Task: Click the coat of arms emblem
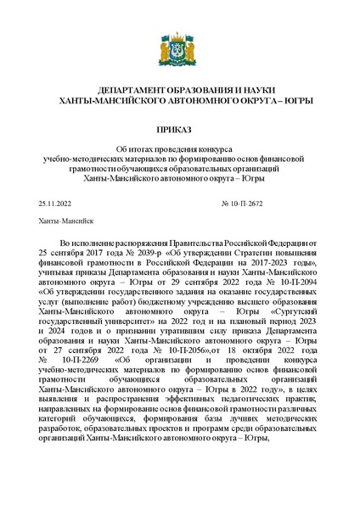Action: pos(180,50)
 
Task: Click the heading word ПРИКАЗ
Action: pos(180,131)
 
